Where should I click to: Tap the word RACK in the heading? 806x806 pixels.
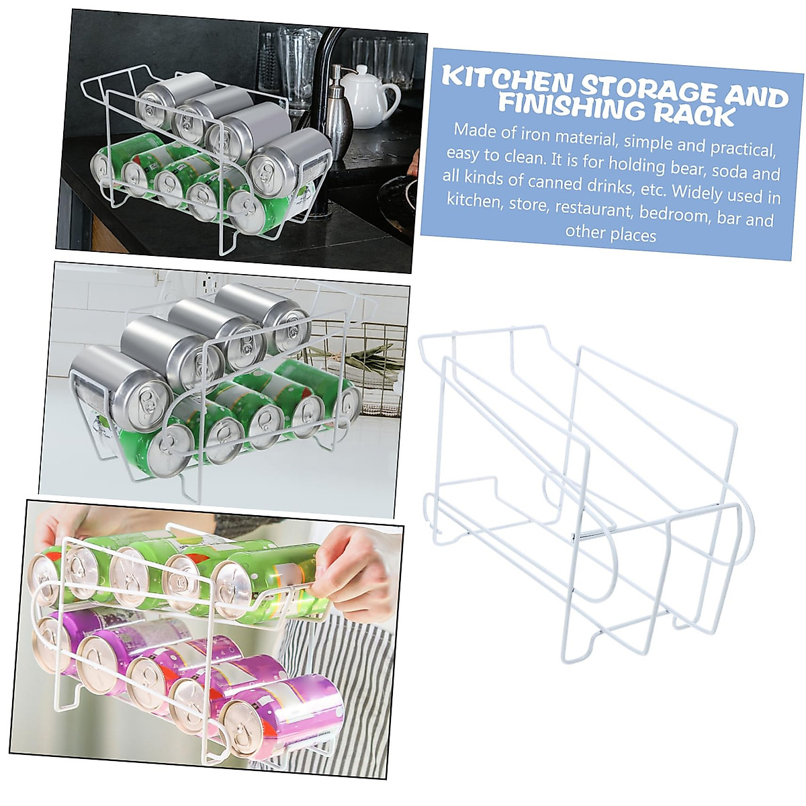pos(695,114)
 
